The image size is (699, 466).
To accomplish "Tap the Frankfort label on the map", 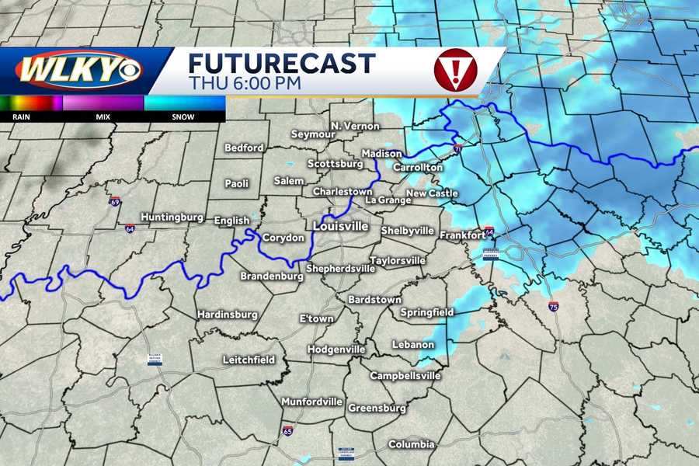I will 461,235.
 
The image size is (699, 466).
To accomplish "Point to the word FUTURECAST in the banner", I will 282,63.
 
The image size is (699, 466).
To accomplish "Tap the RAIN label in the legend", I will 21,116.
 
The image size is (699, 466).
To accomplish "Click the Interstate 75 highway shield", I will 552,307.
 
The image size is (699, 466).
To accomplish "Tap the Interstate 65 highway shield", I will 287,431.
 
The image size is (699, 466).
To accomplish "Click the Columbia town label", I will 412,444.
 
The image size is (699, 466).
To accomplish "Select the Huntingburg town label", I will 172,217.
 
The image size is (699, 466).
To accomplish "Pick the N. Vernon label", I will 355,126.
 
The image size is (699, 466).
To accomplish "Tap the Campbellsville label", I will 400,376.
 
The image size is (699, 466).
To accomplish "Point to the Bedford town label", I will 244,148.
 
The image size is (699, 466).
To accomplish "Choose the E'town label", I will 316,319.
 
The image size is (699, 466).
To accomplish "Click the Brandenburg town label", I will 271,276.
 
